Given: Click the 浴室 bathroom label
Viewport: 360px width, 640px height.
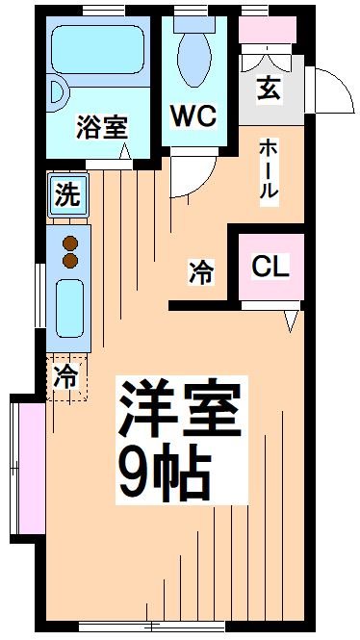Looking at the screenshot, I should pos(101,126).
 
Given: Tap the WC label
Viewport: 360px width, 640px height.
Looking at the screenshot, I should pos(193,115).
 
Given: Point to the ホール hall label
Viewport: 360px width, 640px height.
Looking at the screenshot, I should pos(268,169).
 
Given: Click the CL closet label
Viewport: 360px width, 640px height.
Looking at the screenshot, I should pos(270,266).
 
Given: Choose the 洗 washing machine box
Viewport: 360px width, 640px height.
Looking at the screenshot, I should pos(65,197).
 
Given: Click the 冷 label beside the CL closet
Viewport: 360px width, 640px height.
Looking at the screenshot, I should pos(200,272).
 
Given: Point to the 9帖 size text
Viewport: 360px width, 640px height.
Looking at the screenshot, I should pos(164,472).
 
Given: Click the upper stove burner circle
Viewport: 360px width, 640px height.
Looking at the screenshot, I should pos(69,241).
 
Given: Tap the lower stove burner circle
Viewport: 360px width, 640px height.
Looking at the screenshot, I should pos(69,259).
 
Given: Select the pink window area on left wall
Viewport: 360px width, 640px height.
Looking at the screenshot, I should pos(26,468).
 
